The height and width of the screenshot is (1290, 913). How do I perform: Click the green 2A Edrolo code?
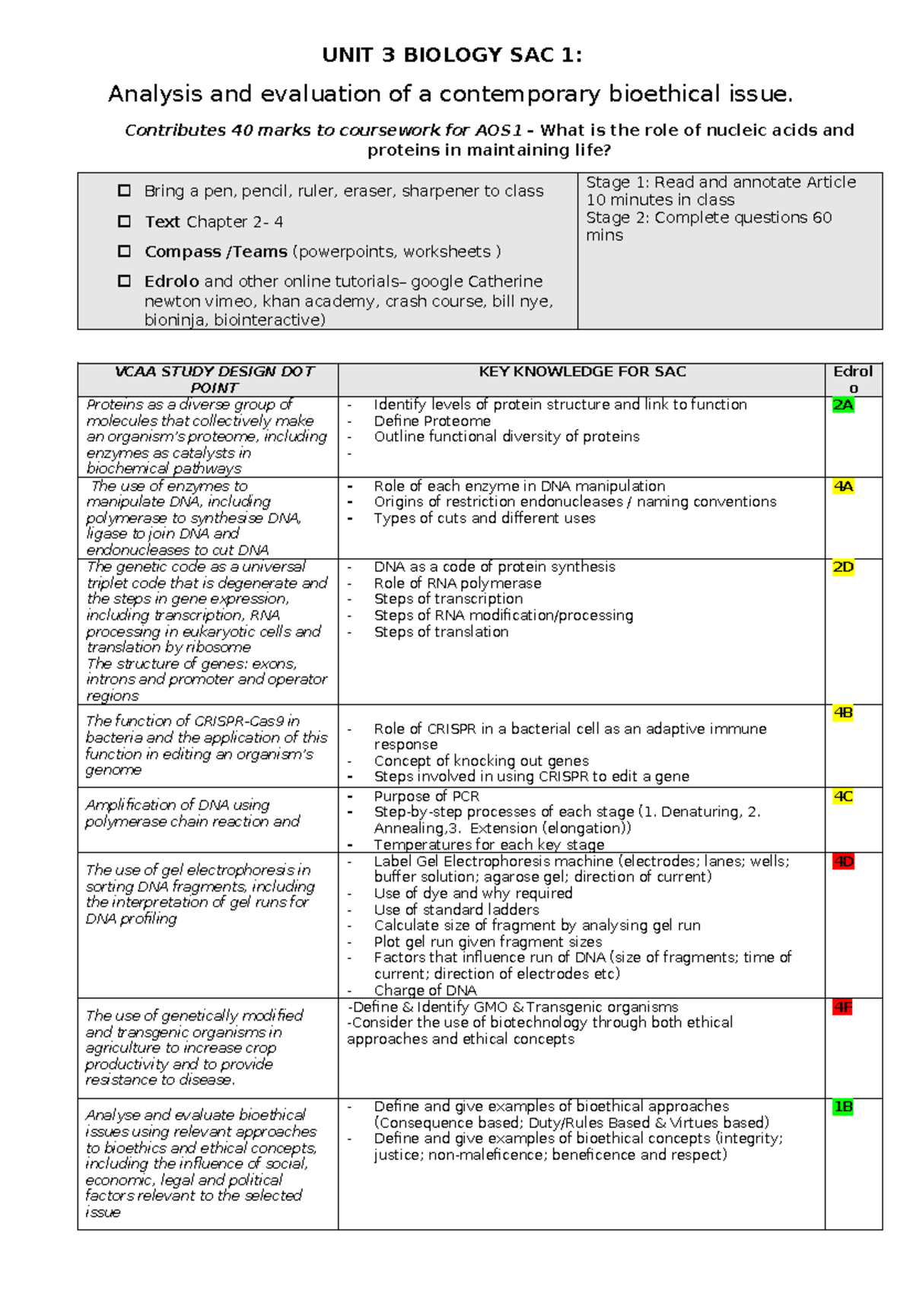pos(843,405)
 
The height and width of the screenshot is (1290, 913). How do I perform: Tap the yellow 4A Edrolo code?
pos(843,487)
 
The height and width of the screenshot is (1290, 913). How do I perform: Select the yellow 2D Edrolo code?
pos(843,567)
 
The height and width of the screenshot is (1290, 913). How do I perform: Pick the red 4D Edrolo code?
pos(843,862)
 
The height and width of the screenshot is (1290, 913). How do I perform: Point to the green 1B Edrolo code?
pos(843,1107)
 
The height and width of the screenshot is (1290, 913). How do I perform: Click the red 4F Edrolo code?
pos(843,1008)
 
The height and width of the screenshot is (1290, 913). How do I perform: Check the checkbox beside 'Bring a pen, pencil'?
pos(124,191)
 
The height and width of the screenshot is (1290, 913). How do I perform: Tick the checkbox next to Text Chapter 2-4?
pos(124,221)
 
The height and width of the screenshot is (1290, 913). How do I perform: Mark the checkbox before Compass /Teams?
pos(124,251)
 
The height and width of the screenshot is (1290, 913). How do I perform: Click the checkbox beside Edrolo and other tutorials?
pos(124,281)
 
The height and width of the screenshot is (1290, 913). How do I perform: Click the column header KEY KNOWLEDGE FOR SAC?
pos(582,372)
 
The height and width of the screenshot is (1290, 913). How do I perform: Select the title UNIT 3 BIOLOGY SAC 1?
pos(452,56)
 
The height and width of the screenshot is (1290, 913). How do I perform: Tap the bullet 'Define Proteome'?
pos(432,421)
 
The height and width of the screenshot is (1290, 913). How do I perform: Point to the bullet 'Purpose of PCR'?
pos(426,796)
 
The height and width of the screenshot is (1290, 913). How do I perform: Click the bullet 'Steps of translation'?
pos(441,632)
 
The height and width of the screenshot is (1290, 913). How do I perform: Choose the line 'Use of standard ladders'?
pos(456,910)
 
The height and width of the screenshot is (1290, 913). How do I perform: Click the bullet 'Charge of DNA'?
pos(425,990)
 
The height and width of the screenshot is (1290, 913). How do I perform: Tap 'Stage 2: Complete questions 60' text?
pos(708,218)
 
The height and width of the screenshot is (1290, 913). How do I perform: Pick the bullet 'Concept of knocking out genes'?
pos(481,761)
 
